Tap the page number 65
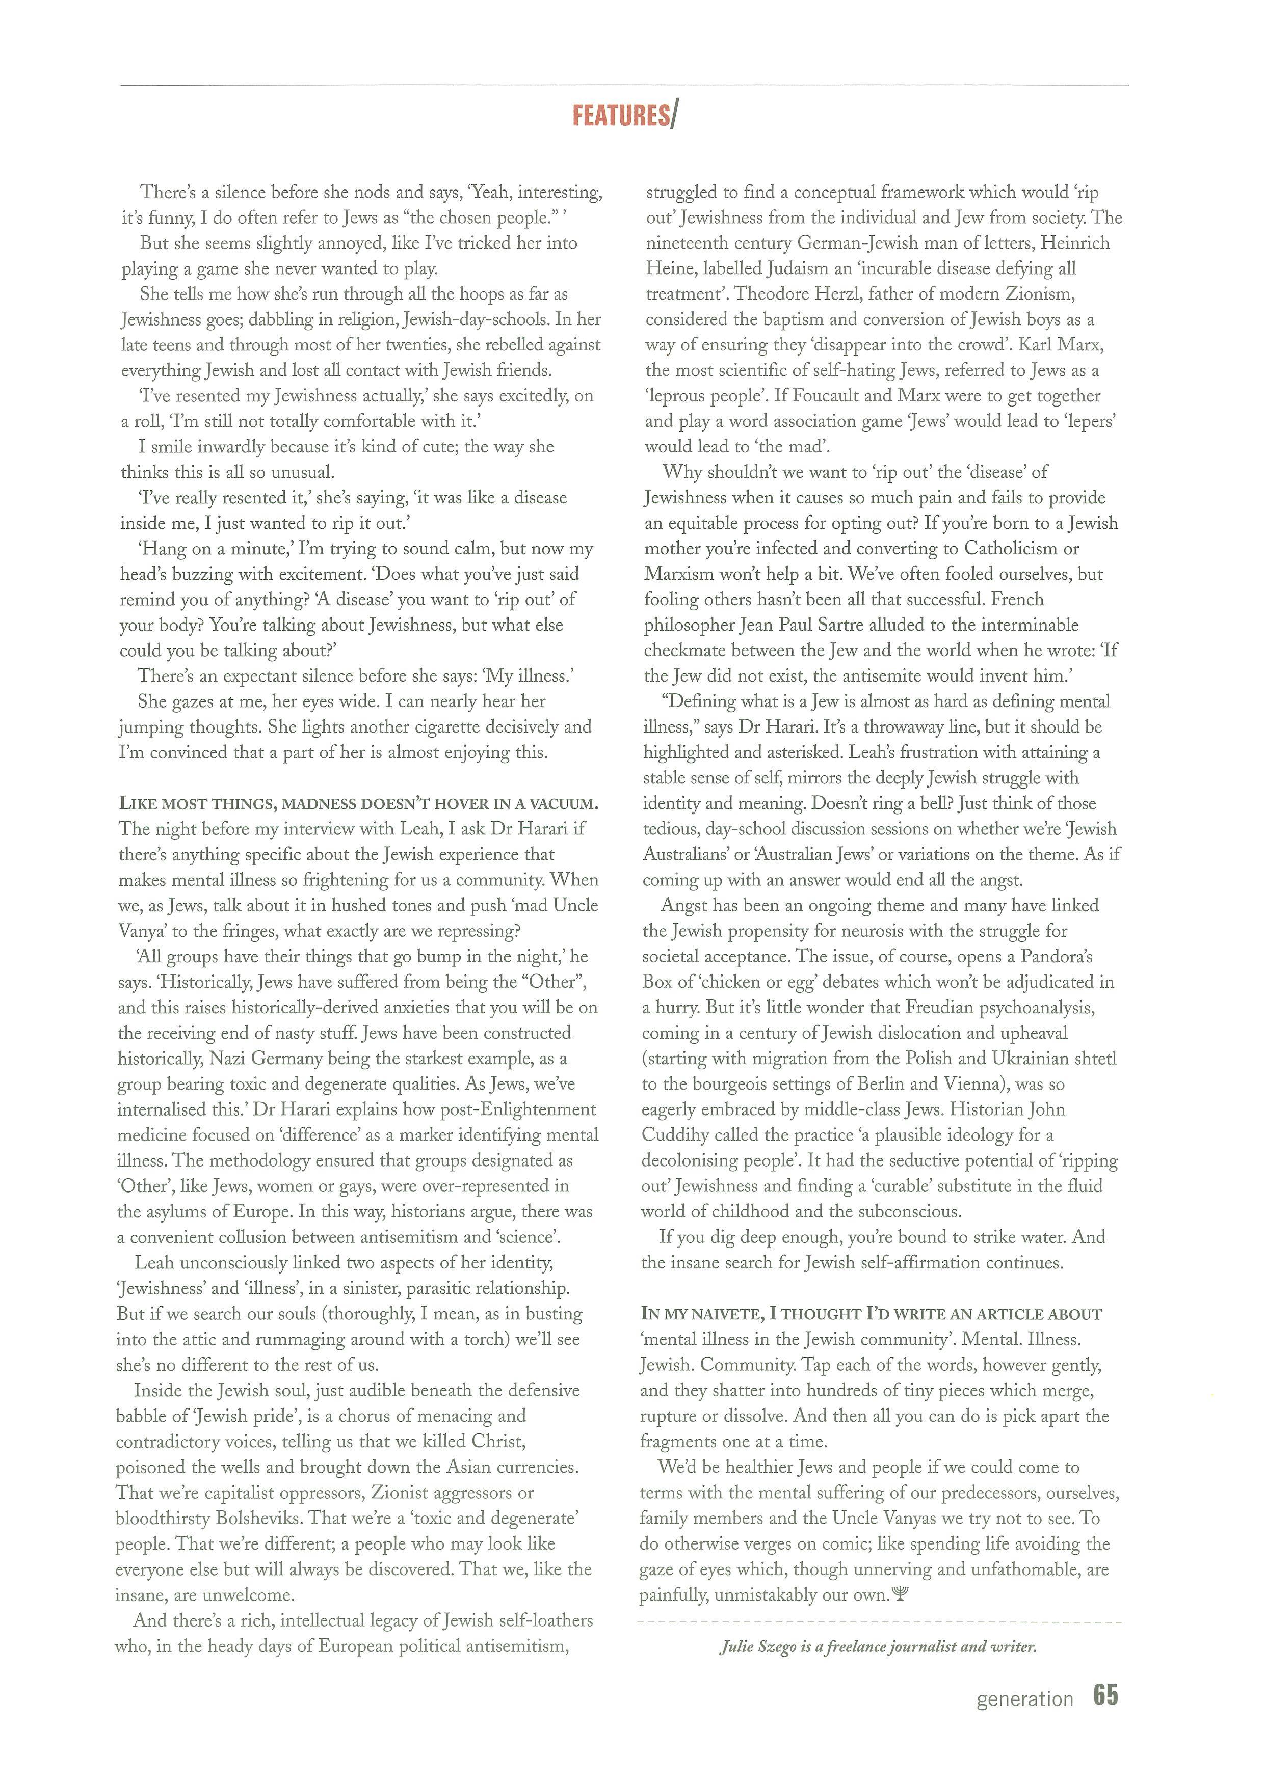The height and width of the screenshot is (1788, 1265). (x=1105, y=1695)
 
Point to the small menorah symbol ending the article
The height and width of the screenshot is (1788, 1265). (x=901, y=1593)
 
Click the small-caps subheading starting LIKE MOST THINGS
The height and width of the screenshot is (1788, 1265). (x=358, y=803)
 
